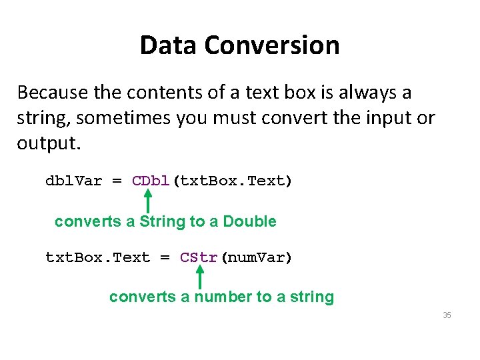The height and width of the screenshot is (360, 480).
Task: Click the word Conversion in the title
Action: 272,45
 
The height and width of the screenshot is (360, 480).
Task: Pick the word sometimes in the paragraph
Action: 124,119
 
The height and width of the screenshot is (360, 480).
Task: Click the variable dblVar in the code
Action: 73,181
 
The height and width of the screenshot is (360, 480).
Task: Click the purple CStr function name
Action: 199,257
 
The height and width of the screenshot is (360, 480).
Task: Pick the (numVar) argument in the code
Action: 255,257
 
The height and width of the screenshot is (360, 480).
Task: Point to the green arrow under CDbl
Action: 148,200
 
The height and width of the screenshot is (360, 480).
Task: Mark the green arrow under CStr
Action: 199,276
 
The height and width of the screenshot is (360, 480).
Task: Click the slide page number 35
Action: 447,315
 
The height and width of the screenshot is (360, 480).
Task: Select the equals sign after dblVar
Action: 117,181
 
